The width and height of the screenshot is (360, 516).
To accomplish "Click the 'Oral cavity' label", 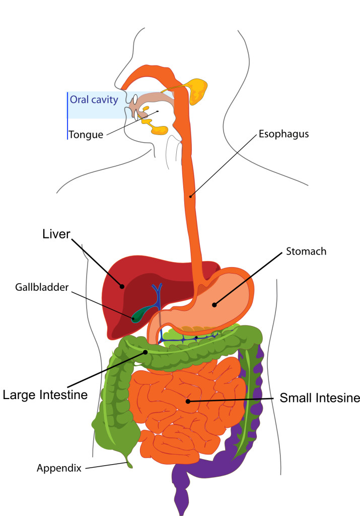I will tap(94, 99).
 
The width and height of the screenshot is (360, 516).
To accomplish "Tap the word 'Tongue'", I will tap(86, 135).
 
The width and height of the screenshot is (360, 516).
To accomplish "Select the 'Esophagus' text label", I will tap(283, 135).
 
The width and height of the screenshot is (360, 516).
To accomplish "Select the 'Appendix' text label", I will tap(59, 468).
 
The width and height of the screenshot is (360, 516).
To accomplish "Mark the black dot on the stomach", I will tap(214, 304).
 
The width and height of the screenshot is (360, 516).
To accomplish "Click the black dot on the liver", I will tap(122, 287).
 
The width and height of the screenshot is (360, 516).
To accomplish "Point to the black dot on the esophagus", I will tap(190, 196).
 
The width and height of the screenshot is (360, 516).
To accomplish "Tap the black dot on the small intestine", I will tap(188, 401).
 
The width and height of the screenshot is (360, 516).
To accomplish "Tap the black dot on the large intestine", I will tap(146, 352).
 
